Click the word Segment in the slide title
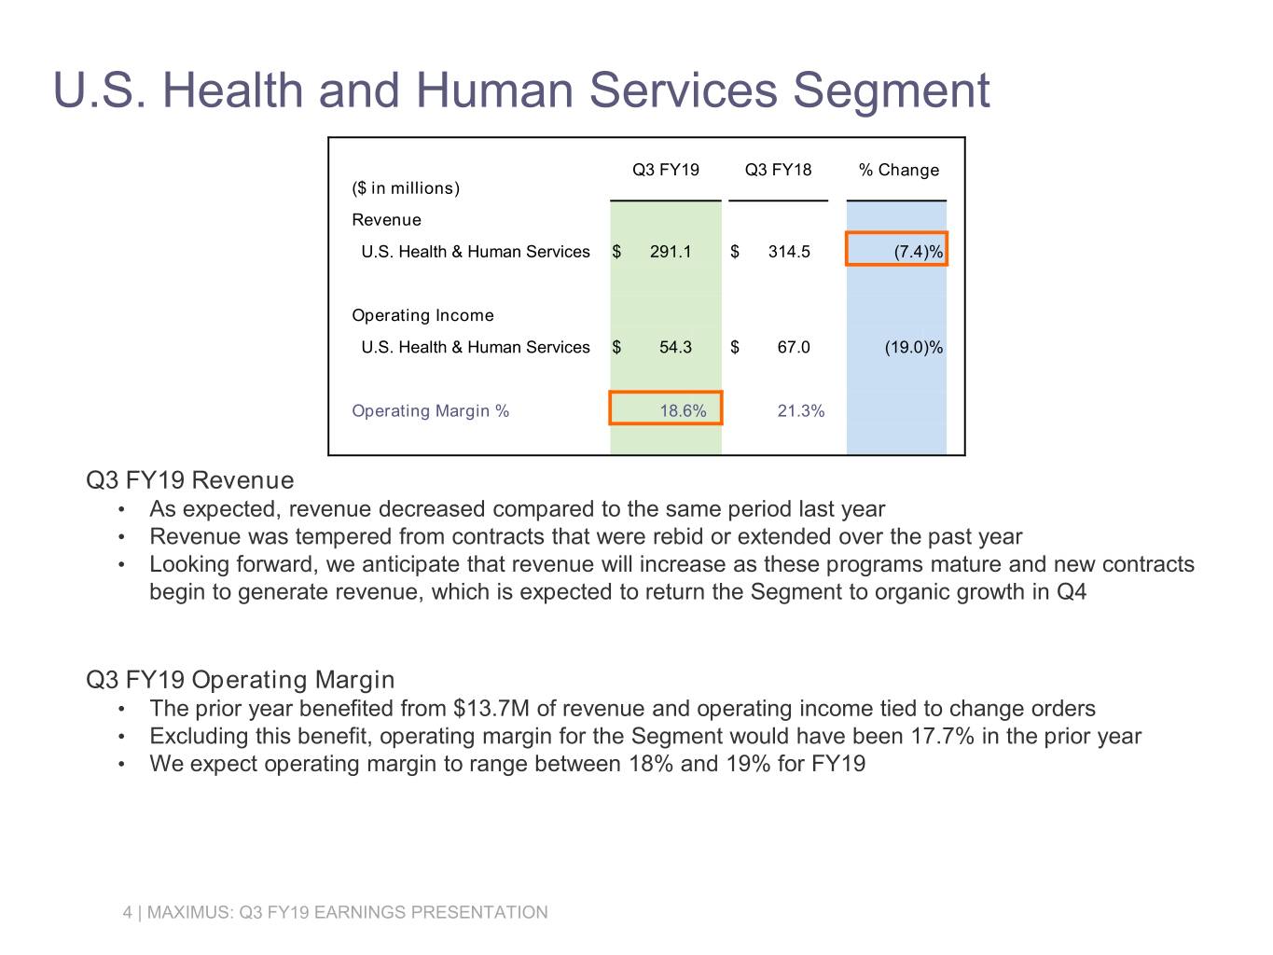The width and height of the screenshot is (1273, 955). coord(891,90)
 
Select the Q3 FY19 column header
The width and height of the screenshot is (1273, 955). coord(665,170)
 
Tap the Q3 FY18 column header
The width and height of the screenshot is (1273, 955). coord(778,170)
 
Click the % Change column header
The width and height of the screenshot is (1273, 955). coord(898,170)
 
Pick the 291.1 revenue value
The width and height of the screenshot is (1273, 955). coord(671,252)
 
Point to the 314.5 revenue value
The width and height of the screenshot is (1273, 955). coord(789,252)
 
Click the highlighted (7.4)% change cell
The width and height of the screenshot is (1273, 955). coord(897,250)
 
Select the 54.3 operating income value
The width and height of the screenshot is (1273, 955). coord(675,347)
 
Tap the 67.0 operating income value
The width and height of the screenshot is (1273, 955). coord(793,347)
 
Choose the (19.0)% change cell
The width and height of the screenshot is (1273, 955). coord(913,347)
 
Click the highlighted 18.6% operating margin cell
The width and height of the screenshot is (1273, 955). coord(666,409)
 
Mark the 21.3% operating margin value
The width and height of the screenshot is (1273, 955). coord(800,411)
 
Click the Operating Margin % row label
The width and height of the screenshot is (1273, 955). coord(430,411)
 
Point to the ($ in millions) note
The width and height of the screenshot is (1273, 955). coord(406,188)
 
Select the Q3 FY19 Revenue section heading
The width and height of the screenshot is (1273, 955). coord(189,480)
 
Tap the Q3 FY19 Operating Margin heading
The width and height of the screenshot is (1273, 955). coord(240,680)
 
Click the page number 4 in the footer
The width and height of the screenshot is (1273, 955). coord(128,912)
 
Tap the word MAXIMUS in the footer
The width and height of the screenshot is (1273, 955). coord(189,912)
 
